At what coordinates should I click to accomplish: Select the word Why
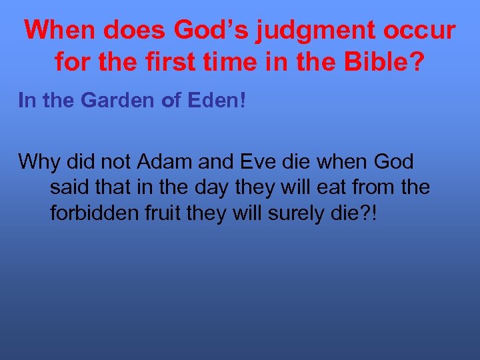coord(39,161)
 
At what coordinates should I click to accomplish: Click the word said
coord(69,188)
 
